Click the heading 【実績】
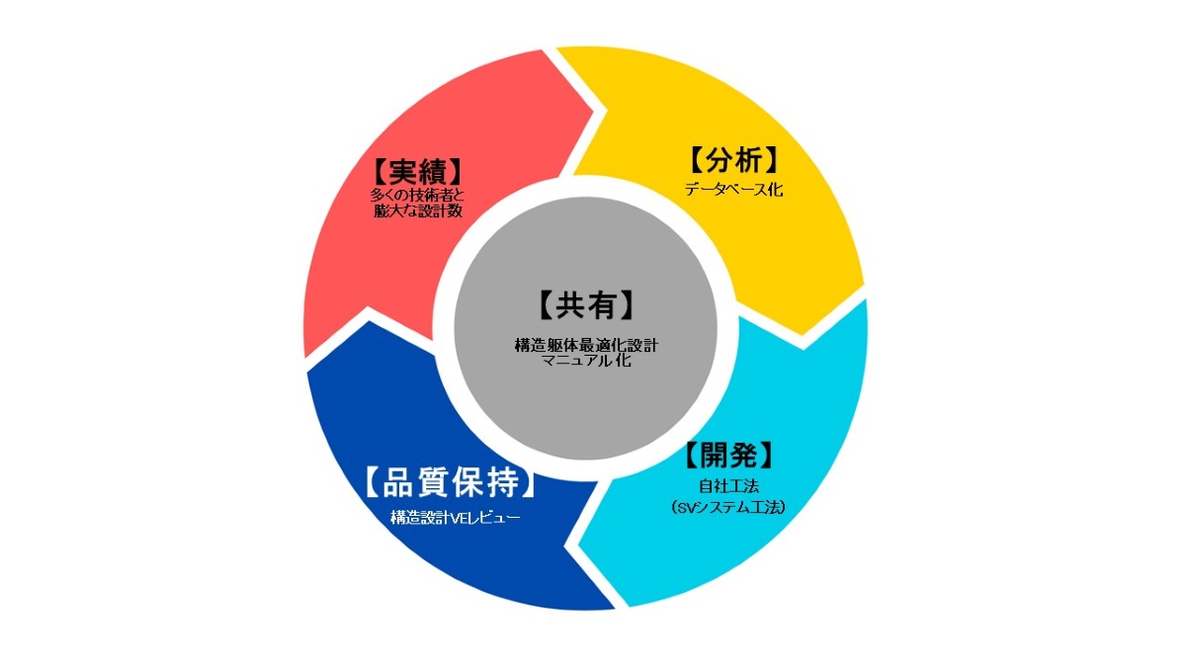pos(418,169)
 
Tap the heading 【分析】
pos(733,160)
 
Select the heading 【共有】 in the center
pos(585,304)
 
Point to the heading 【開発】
pos(726,456)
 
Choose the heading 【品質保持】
pos(450,483)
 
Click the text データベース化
pos(733,190)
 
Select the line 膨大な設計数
pos(418,210)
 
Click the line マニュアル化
pos(585,362)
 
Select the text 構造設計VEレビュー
pos(455,517)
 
